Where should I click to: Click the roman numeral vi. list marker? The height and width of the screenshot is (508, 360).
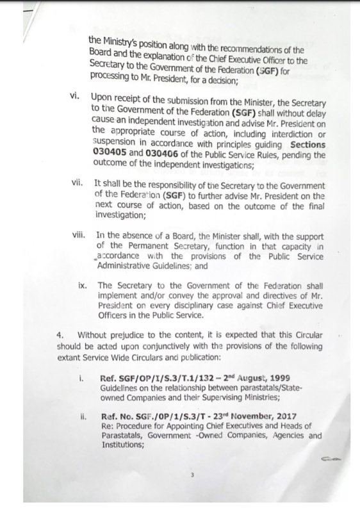[78, 98]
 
